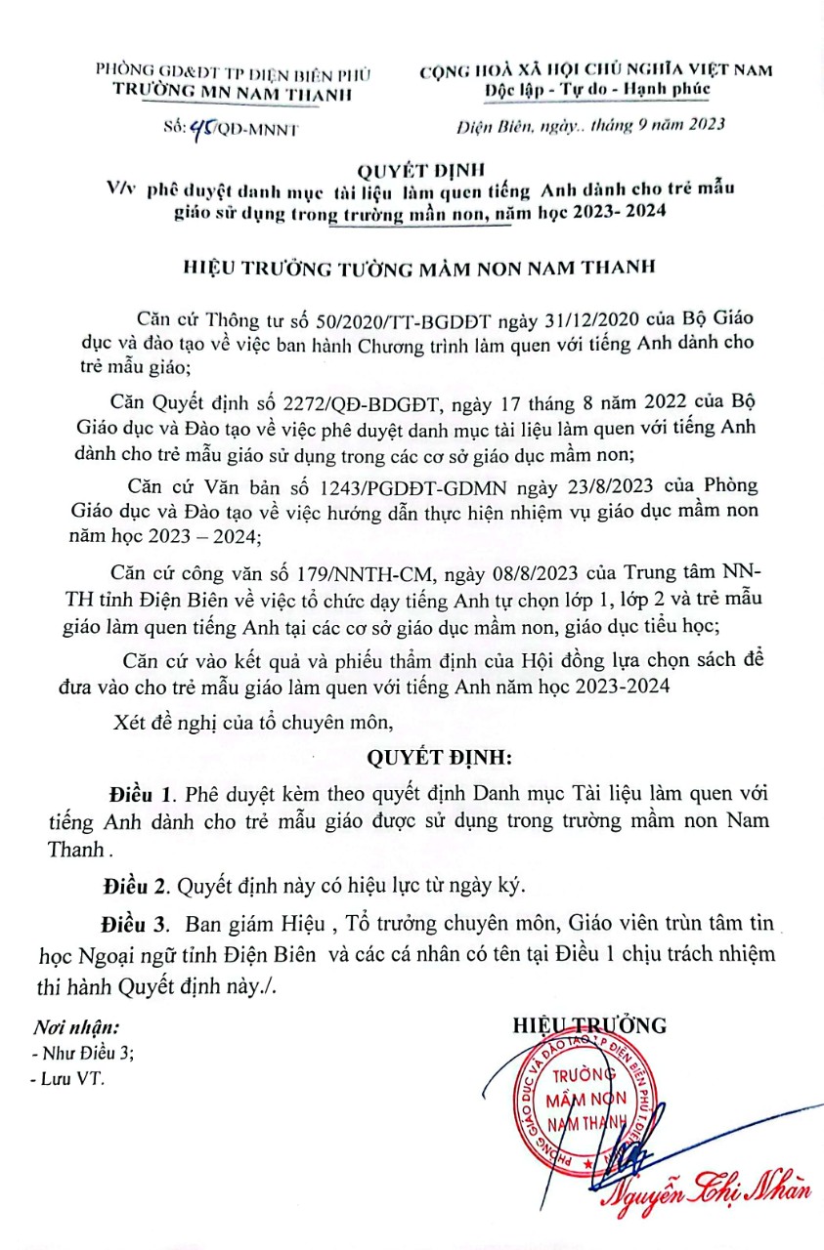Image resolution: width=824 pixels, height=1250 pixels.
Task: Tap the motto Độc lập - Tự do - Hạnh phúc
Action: click(x=597, y=90)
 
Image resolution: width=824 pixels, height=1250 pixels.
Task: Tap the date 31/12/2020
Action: click(x=564, y=321)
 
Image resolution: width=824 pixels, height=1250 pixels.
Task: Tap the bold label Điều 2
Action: click(x=133, y=887)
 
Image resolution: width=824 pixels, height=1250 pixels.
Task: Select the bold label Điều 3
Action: click(x=132, y=924)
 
